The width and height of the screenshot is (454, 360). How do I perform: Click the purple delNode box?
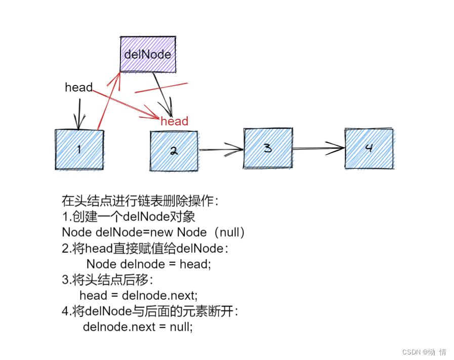148,54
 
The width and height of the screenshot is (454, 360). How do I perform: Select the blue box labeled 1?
79,150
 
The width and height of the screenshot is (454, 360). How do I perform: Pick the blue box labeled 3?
268,148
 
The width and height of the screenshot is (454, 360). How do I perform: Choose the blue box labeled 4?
369,148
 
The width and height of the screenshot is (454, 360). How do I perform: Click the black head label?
78,87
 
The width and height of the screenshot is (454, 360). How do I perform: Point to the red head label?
174,121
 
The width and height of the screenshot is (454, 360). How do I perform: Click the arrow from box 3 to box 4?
318,148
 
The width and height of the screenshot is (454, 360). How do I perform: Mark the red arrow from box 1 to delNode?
108,101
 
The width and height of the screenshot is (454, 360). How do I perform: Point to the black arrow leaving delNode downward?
163,94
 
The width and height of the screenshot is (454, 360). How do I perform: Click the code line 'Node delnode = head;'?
148,264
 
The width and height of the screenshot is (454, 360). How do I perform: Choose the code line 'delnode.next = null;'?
138,327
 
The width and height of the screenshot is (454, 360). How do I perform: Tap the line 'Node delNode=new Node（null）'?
153,233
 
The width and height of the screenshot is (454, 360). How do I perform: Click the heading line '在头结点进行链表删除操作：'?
140,201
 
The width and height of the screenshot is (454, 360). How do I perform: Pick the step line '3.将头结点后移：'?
107,280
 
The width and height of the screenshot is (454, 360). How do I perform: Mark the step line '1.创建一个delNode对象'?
129,217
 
